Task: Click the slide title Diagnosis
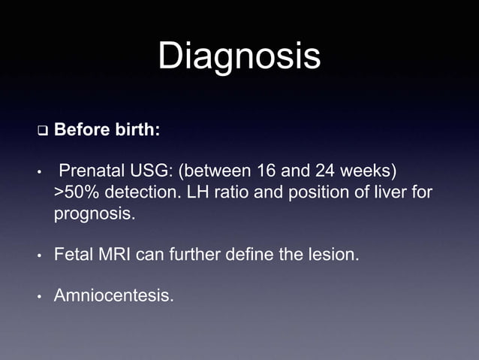click(239, 56)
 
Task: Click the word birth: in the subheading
click(137, 130)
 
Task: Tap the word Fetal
click(73, 256)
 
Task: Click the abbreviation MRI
click(113, 256)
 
